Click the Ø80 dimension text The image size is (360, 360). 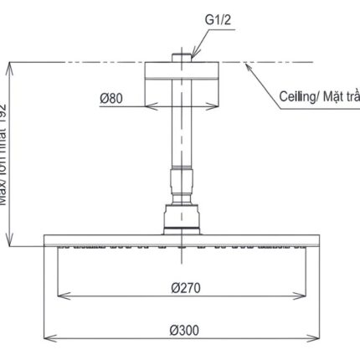pyautogui.click(x=112, y=98)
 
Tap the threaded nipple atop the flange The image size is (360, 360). pyautogui.click(x=181, y=58)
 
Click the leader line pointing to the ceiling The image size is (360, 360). pyautogui.click(x=260, y=82)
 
